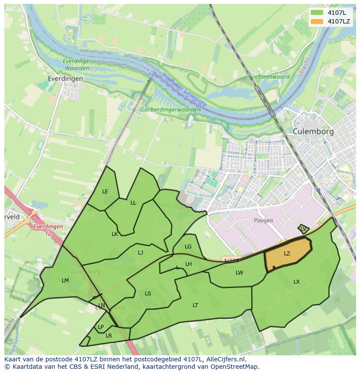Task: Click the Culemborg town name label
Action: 313,131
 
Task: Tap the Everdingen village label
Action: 66,79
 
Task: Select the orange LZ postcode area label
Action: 287,254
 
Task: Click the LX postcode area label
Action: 297,282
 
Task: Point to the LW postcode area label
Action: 239,273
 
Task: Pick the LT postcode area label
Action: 195,305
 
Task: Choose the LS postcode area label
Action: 148,294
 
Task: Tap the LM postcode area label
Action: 65,281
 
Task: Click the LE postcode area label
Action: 105,192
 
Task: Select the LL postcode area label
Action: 133,203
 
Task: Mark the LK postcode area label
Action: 115,234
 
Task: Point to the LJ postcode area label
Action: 140,253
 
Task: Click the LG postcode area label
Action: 188,247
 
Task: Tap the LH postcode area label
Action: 188,264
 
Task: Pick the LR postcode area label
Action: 109,336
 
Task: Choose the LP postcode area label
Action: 100,327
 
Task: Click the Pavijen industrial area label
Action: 263,221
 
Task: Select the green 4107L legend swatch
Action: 317,13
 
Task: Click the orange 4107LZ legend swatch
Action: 317,21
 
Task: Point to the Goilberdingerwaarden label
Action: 170,110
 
